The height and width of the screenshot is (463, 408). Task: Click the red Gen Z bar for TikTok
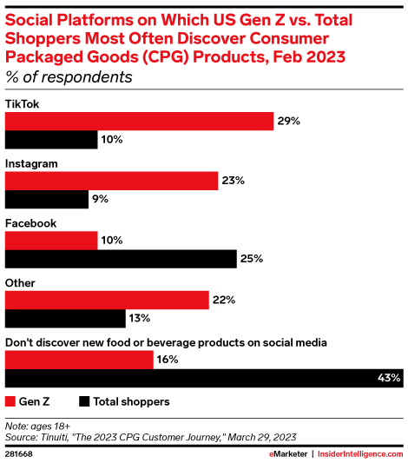point(140,121)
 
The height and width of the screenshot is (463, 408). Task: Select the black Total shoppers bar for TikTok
point(51,140)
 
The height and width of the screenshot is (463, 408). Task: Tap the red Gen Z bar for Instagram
point(112,181)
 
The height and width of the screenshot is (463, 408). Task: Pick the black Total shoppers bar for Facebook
point(121,259)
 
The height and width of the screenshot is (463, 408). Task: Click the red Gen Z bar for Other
point(107,300)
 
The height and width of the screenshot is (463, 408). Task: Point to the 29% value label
point(289,121)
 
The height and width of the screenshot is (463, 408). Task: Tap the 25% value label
point(252,259)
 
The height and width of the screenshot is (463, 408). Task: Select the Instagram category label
point(31,163)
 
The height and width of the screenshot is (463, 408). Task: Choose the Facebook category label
point(31,223)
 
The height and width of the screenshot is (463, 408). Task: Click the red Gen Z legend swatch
point(11,401)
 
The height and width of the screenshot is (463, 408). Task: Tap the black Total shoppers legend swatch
point(84,401)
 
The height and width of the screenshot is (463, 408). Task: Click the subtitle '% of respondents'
point(69,76)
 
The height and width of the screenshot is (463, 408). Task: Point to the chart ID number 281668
point(19,453)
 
